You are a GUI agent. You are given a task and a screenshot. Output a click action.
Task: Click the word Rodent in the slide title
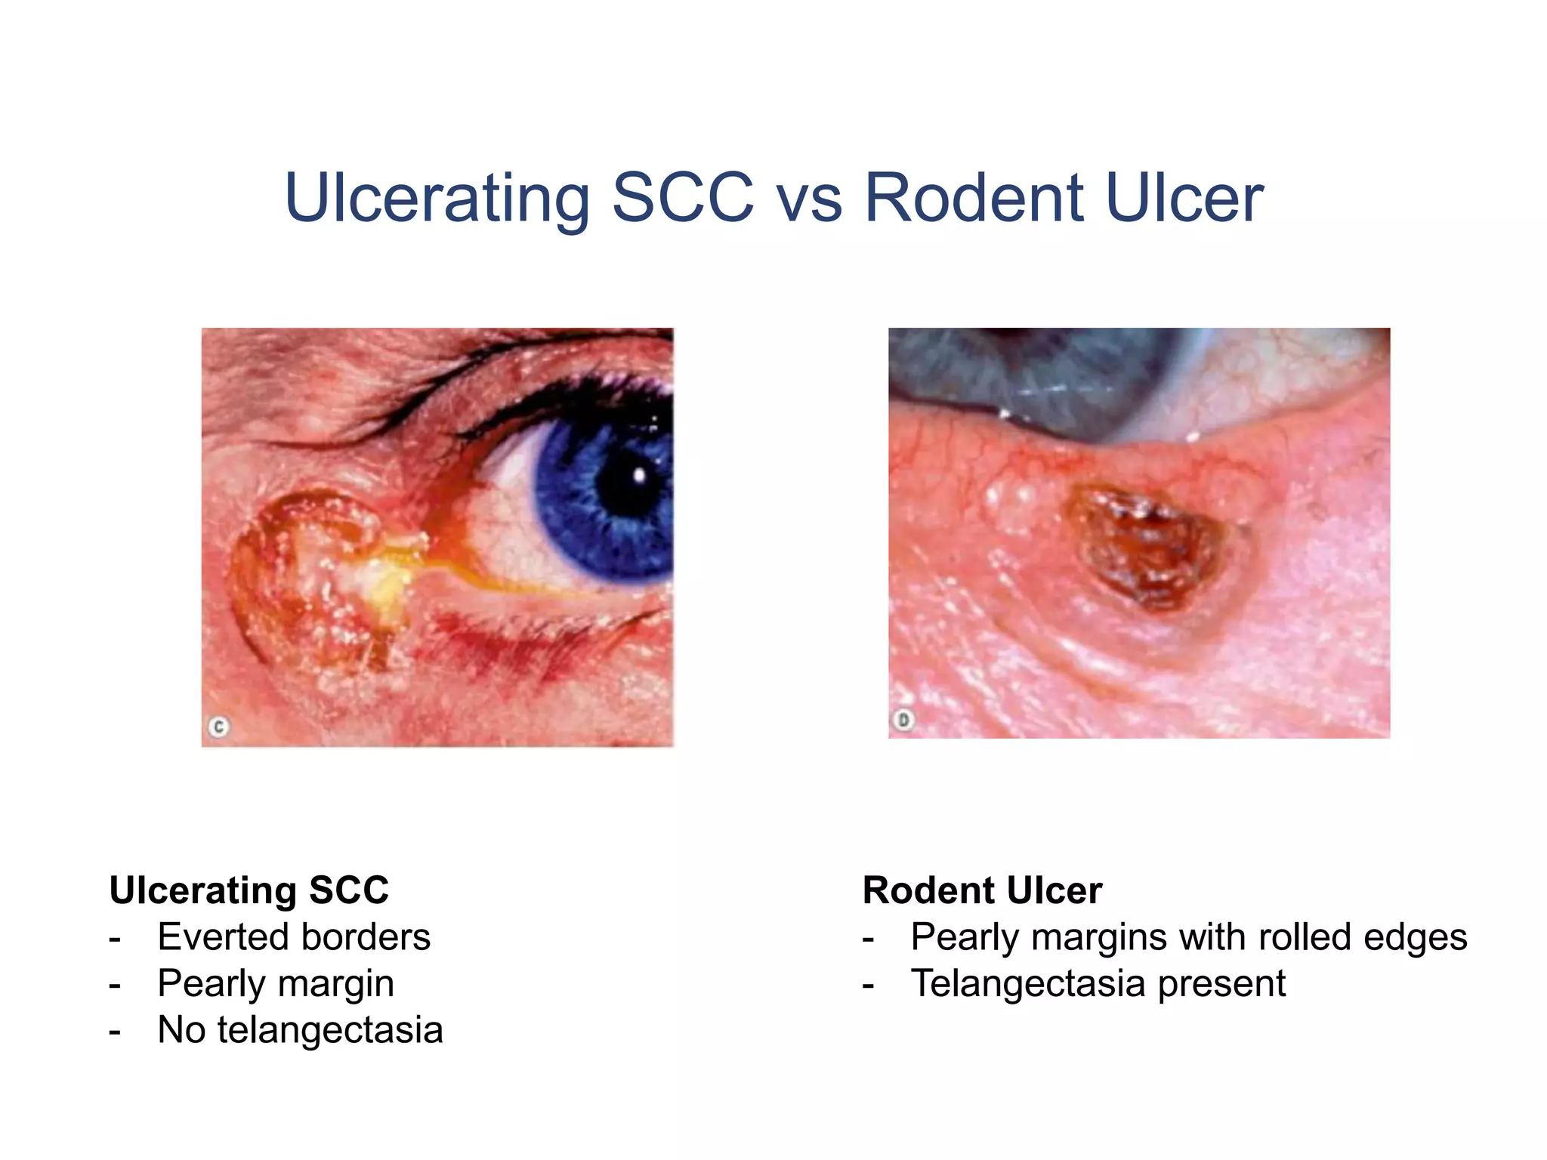point(974,198)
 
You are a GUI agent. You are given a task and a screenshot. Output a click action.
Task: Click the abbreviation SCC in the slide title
point(683,198)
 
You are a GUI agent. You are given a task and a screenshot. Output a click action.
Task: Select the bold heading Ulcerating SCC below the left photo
point(249,890)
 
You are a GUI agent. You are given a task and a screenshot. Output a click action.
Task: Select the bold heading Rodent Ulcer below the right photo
point(982,890)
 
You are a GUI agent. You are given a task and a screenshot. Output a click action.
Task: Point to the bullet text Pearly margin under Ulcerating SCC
point(276,984)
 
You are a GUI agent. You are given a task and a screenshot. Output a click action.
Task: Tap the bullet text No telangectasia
point(300,1030)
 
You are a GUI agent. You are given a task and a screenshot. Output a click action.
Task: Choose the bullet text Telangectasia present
point(1098,983)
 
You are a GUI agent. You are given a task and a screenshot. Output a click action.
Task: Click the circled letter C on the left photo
point(219,727)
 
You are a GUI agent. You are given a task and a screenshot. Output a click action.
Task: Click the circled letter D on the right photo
point(903,720)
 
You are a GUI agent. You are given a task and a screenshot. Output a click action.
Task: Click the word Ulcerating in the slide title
point(437,198)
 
